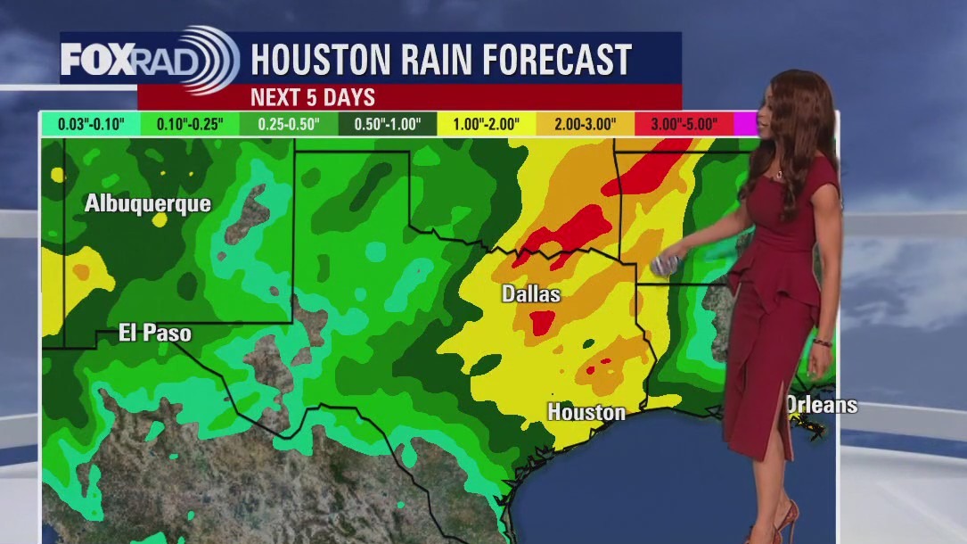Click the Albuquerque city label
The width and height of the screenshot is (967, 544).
(x=148, y=203)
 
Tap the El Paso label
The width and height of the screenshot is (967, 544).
(x=155, y=334)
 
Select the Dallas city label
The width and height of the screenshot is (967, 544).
(x=531, y=293)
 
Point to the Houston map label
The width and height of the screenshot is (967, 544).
(x=586, y=412)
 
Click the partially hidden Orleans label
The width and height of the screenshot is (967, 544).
(x=822, y=405)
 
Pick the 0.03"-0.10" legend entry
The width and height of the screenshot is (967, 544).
(x=91, y=124)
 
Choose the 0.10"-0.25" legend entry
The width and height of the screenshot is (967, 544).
(x=190, y=124)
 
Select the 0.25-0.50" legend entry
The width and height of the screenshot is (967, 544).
(x=290, y=124)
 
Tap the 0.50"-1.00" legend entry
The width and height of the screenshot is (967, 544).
(x=388, y=124)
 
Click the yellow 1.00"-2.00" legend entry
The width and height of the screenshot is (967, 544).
(x=487, y=124)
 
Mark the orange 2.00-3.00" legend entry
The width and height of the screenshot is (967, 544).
(x=585, y=124)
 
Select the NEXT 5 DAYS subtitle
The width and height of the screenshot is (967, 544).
(x=312, y=96)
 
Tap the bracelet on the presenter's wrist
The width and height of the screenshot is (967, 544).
(x=822, y=342)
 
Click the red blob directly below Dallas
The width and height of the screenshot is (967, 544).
(x=543, y=322)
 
